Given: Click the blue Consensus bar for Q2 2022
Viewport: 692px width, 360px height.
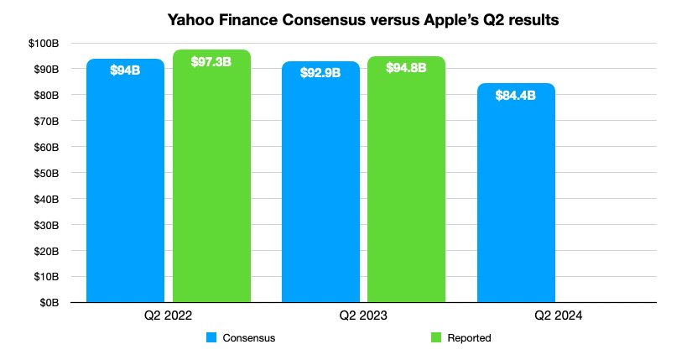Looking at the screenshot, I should (125, 185).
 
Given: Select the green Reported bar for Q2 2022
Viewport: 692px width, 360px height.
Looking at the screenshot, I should (211, 185).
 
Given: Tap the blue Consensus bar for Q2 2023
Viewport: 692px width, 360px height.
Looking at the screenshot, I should (320, 185).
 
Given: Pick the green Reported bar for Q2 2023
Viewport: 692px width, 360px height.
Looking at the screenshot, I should (406, 185).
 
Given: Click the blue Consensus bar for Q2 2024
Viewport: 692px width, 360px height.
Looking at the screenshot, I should (516, 193).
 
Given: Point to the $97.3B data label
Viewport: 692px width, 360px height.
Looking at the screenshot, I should (211, 61).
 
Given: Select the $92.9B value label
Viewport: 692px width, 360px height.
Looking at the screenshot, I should (320, 73).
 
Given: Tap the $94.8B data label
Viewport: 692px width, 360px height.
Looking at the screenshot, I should (406, 67).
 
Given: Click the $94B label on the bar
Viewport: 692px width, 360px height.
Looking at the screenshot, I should (125, 70).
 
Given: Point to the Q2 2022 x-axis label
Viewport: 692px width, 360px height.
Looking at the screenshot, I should (169, 316).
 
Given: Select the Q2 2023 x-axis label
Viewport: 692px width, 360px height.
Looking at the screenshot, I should (363, 316).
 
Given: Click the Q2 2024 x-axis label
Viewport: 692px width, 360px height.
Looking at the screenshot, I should (559, 316).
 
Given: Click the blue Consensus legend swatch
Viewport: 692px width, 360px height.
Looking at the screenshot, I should (211, 338).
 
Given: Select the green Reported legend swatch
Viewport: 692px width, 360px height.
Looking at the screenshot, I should (435, 338).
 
